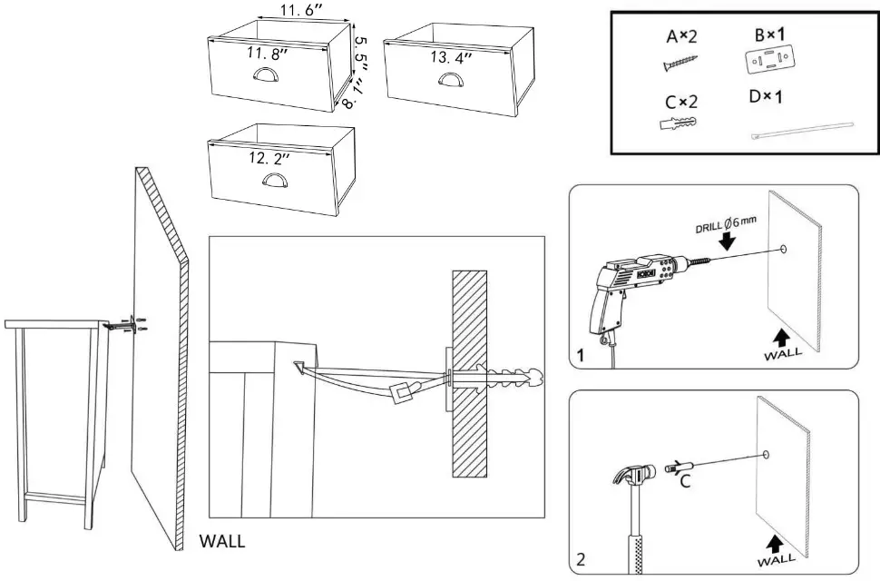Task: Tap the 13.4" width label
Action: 451,58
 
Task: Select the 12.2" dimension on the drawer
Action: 269,158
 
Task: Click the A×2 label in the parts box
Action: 682,36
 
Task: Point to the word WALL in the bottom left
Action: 222,541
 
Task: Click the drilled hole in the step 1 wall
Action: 781,249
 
